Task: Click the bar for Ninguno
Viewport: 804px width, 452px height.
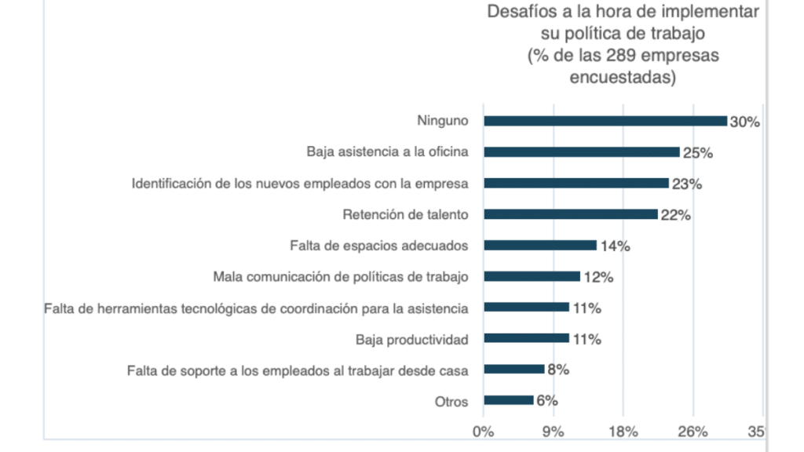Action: [605, 121]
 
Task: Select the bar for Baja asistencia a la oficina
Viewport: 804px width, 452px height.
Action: [582, 152]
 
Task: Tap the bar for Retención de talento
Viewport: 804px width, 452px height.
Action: [571, 214]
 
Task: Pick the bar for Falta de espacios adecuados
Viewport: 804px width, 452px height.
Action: [540, 246]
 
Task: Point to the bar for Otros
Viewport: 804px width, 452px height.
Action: [509, 400]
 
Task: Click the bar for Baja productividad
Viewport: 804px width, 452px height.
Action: [526, 338]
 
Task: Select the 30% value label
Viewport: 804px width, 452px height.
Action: [744, 122]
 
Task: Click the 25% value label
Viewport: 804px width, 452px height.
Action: [697, 153]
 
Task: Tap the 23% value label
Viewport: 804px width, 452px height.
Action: [686, 184]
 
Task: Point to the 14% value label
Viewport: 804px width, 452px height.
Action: [615, 246]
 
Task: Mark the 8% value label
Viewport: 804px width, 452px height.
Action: [558, 370]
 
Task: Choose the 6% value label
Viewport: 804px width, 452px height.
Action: [547, 400]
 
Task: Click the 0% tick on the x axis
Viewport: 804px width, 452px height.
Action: [483, 432]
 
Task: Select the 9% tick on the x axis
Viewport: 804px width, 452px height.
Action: [553, 432]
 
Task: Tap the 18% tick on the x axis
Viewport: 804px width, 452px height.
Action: [623, 432]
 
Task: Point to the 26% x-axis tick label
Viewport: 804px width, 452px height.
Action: [693, 432]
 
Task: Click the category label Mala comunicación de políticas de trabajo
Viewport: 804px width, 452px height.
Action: [341, 276]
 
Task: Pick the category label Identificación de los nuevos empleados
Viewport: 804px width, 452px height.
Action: [300, 184]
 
